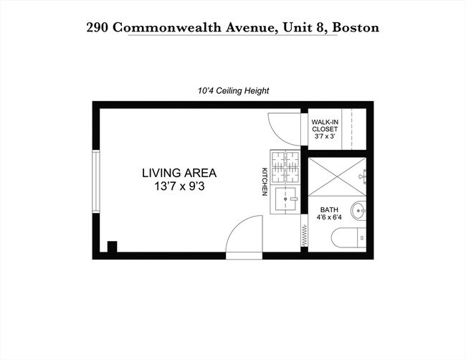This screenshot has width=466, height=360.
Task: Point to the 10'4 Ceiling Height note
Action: point(233,91)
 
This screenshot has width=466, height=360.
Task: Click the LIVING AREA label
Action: point(179,173)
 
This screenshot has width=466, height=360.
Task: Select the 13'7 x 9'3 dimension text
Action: point(179,186)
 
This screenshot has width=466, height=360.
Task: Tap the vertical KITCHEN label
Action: point(264,181)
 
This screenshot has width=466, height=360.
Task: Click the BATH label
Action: point(329,209)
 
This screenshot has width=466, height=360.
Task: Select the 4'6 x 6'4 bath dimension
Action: point(329,218)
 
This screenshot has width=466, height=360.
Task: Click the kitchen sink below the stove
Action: point(285,196)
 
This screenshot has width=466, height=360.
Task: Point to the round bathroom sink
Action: point(359,212)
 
